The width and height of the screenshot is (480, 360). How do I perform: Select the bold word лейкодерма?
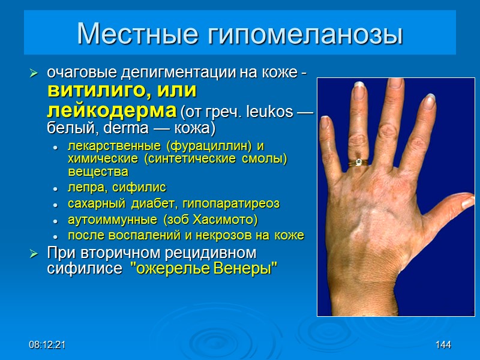[111, 111]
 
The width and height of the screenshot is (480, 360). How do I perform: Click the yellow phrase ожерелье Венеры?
[204, 268]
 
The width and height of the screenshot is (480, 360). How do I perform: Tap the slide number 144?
[443, 345]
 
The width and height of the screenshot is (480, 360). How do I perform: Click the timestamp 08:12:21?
[47, 345]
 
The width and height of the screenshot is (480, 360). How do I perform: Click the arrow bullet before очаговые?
[34, 74]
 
